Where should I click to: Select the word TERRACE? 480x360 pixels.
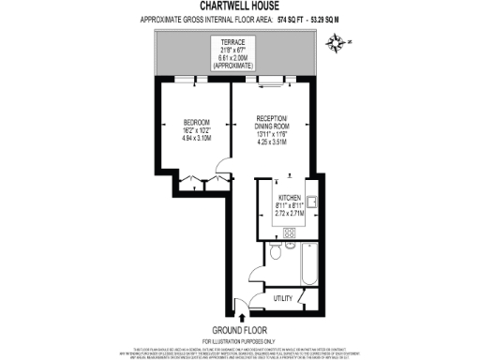point(239,42)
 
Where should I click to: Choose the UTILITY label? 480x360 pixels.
point(284,298)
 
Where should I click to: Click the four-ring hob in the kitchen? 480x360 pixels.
point(291,232)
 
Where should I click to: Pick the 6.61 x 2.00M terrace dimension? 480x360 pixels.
point(239,58)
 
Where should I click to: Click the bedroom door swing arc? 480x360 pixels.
point(221,173)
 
